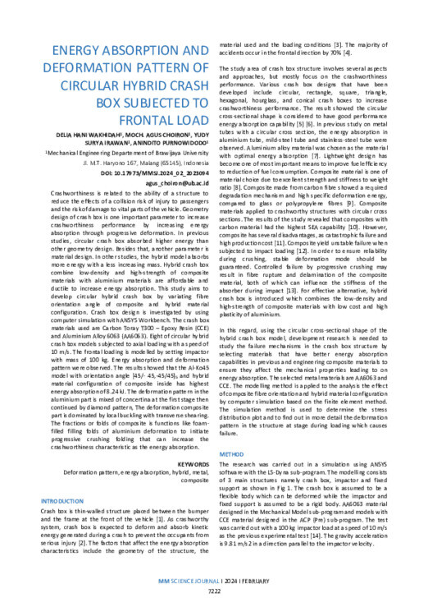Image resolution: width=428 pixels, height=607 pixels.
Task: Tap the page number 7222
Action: (x=213, y=590)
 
